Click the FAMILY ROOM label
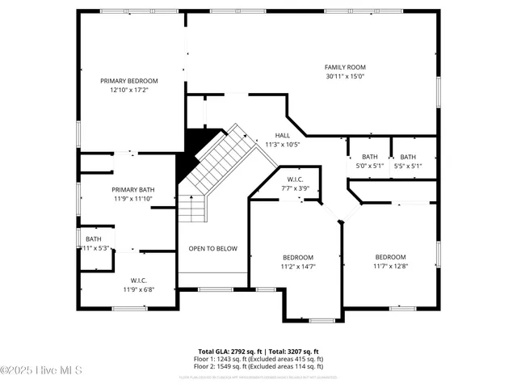(345, 67)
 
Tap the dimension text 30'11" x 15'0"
(345, 77)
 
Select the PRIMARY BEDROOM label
(129, 81)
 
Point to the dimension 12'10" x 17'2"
(129, 90)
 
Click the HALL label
(282, 136)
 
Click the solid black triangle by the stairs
(189, 150)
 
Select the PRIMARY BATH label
(132, 189)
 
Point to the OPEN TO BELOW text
(213, 248)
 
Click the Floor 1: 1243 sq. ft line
(258, 359)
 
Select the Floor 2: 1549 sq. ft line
(258, 365)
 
